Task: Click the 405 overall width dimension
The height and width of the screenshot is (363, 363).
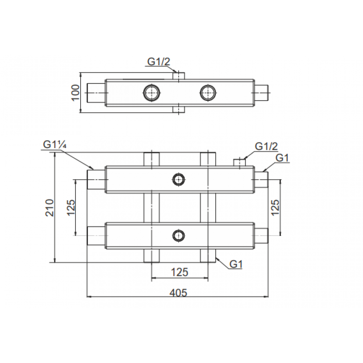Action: [x=178, y=293]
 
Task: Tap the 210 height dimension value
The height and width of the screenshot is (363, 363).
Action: [x=49, y=208]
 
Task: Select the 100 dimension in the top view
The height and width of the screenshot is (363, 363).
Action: [x=76, y=93]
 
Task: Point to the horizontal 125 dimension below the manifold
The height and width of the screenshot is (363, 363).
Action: [x=180, y=272]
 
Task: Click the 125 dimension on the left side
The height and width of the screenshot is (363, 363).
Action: [x=71, y=207]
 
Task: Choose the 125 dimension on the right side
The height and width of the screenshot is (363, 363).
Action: [x=275, y=207]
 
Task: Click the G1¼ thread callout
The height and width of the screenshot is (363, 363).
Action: [x=55, y=145]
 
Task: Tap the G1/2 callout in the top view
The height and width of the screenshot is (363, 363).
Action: [x=159, y=62]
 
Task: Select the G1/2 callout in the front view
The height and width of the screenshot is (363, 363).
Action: [x=266, y=146]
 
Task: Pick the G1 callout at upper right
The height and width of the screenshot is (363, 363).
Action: [x=282, y=158]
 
